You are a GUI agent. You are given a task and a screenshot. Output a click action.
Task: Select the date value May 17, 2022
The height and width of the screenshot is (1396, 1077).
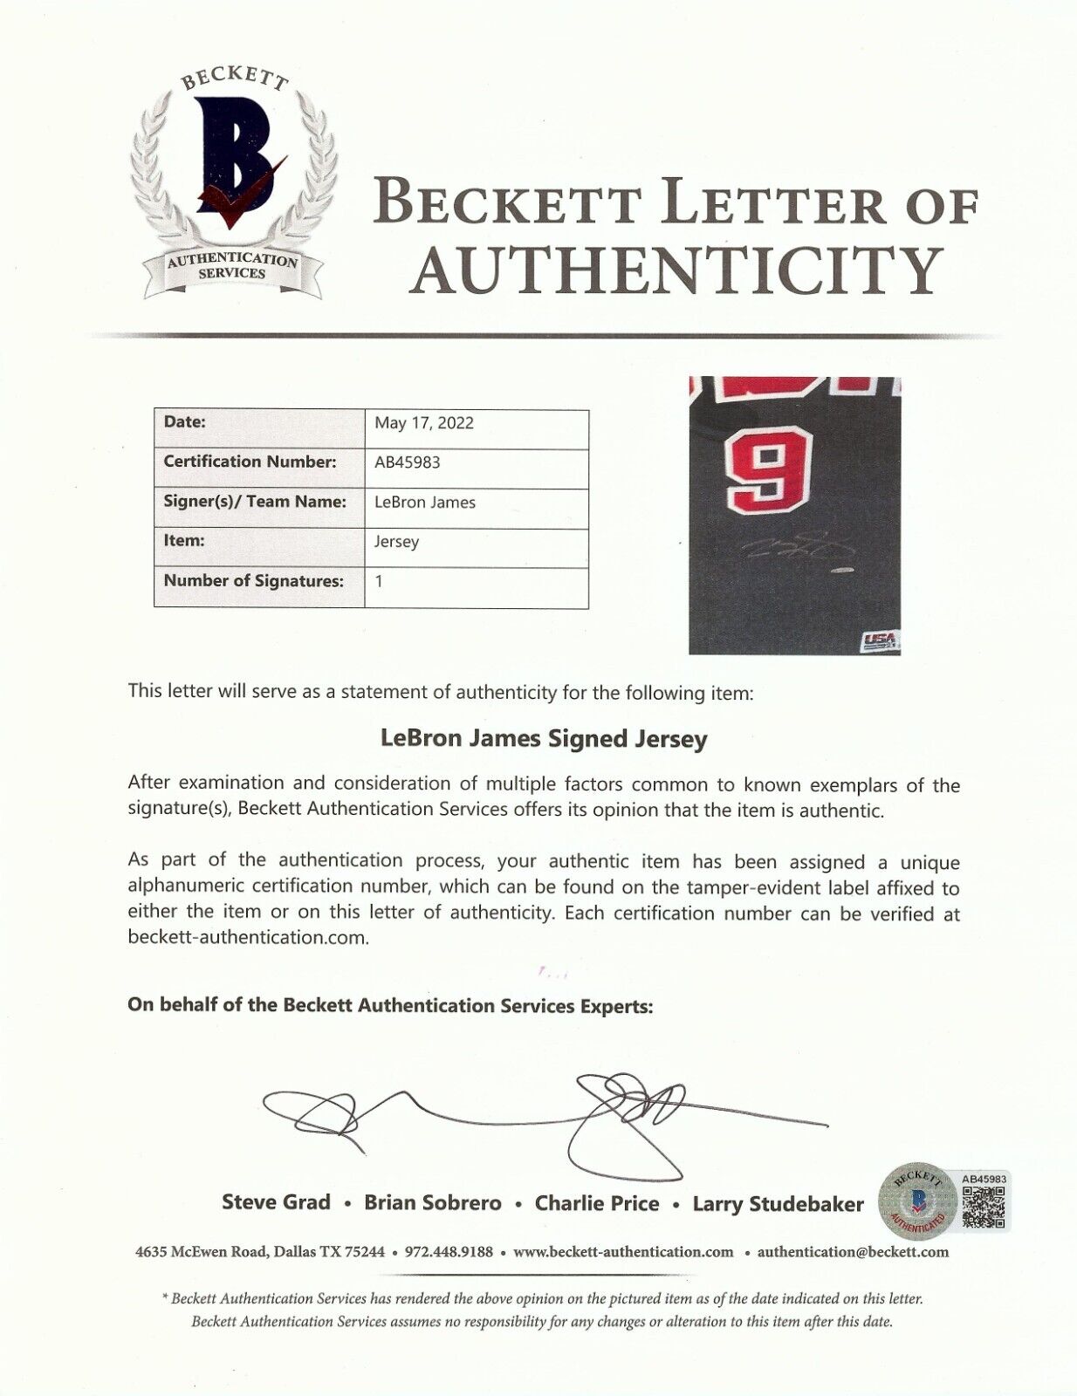(424, 423)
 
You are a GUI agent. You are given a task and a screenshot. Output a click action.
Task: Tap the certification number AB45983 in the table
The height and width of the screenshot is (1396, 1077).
(407, 462)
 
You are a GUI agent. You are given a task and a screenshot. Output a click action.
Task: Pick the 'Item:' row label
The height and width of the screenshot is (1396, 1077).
(184, 541)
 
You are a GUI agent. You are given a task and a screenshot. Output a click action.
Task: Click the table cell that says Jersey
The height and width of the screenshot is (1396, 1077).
(397, 542)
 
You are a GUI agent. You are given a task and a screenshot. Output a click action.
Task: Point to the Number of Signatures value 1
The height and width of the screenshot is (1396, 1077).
(380, 581)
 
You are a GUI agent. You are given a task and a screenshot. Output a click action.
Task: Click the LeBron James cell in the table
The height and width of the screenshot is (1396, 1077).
(425, 503)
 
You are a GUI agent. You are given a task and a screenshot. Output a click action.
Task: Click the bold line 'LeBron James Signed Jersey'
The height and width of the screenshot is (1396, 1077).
(544, 739)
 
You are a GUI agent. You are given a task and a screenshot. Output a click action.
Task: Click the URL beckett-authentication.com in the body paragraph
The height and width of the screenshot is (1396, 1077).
(248, 938)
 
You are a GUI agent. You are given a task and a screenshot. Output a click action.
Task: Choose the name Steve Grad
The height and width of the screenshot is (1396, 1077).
(276, 1202)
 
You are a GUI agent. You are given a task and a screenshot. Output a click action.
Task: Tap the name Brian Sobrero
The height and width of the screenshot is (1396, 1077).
(432, 1203)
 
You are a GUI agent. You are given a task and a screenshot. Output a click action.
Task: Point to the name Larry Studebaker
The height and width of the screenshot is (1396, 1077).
(778, 1204)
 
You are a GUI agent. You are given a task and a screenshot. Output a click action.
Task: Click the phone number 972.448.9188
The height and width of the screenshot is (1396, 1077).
(449, 1252)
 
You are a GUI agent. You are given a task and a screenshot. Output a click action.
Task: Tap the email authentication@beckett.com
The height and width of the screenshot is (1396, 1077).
(853, 1252)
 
